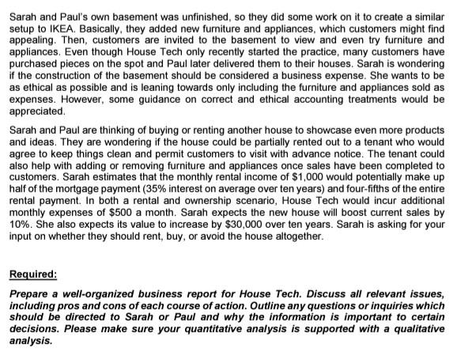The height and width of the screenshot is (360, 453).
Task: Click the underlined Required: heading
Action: coord(32,275)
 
